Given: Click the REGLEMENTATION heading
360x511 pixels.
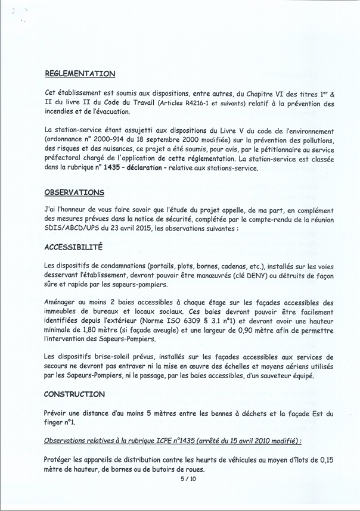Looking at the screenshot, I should click(80, 74).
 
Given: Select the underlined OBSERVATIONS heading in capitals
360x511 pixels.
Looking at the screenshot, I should click(74, 192).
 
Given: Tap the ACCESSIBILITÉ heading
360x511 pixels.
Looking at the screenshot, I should click(73, 246).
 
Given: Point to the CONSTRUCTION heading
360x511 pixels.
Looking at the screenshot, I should click(75, 394).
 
